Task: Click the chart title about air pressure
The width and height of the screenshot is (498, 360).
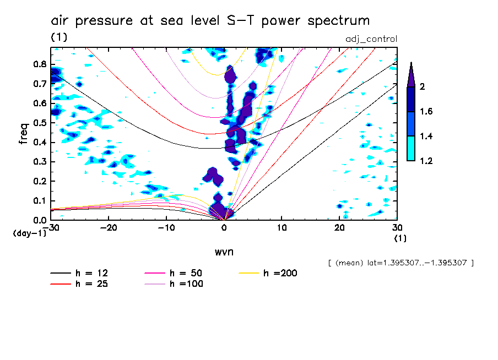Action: [210, 21]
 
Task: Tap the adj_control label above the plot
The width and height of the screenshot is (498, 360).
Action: [371, 39]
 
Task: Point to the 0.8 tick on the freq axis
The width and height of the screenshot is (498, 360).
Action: [38, 64]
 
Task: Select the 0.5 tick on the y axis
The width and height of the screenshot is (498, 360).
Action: [38, 123]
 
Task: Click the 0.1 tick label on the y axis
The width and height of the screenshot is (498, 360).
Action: [38, 201]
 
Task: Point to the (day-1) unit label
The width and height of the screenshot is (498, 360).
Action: [29, 233]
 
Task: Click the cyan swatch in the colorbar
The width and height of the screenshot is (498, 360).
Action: [410, 149]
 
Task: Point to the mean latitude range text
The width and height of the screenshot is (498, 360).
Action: [400, 263]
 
